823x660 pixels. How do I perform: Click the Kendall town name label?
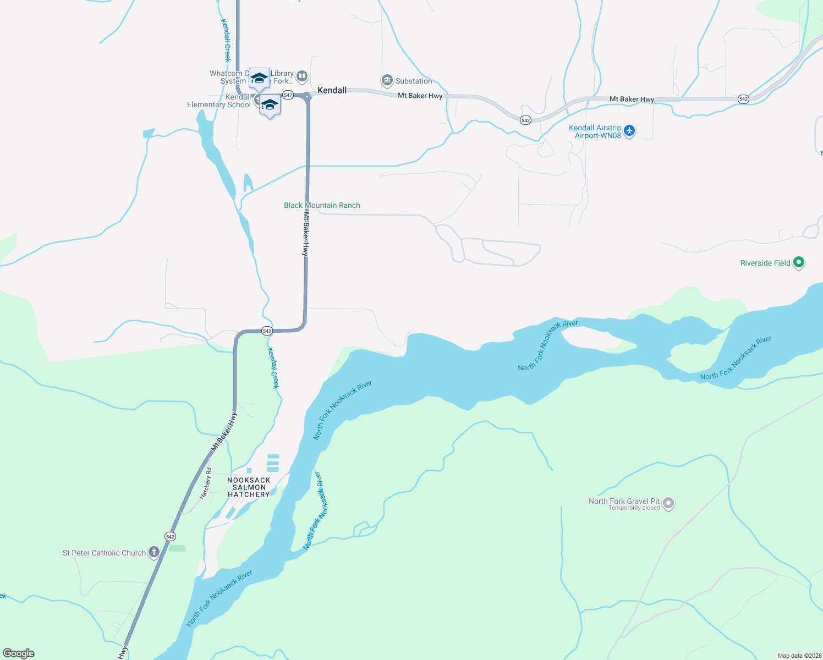coord(332,90)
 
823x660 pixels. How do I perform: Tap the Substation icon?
coord(387,81)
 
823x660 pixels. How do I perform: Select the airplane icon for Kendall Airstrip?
coord(629,131)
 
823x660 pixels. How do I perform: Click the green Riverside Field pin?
coord(799,262)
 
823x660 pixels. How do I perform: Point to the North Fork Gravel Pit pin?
coord(668,503)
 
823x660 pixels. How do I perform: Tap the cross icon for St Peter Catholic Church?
coord(154,552)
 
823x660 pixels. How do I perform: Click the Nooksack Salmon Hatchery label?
coord(249,487)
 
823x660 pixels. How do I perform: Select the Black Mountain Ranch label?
coord(322,205)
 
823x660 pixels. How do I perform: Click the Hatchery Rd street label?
coord(205,483)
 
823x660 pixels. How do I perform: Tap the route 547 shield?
coord(288,95)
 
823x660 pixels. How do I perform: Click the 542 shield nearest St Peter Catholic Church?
coord(170,536)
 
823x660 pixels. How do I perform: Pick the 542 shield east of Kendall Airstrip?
coord(743,99)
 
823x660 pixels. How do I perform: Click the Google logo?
coord(19,653)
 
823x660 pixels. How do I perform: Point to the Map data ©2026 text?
coord(799,656)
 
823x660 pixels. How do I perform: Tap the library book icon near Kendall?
coord(301,76)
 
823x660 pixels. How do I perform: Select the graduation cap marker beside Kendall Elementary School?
coord(270,106)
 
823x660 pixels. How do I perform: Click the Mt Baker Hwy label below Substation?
coord(420,96)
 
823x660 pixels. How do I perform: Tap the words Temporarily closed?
coord(634,508)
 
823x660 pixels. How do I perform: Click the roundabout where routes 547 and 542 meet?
coord(307,96)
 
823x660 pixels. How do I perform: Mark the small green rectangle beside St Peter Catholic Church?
coord(177,548)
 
